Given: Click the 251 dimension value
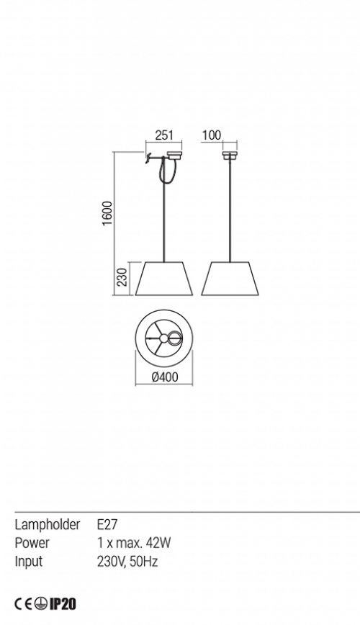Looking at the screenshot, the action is pos(164,135).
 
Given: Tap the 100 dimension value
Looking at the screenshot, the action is pos(211,135).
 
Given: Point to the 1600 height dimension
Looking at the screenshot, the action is pos(108,213).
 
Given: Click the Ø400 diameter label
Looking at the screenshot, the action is pos(165,377).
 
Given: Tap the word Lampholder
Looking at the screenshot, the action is pos(48,525).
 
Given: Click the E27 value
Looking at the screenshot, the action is pos(107,524).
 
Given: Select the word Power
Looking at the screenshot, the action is pos(32,542).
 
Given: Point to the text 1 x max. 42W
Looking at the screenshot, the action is pos(134,542).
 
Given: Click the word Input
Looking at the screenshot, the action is pos(28,561).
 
